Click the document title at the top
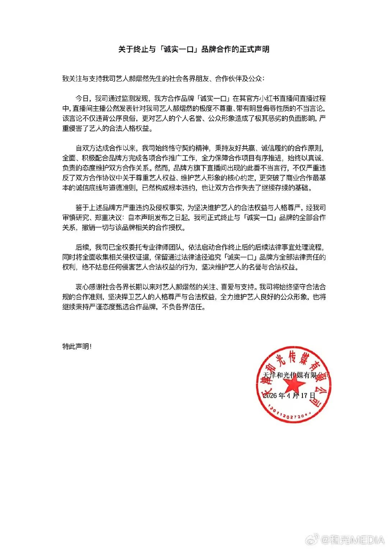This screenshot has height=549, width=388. (x=194, y=49)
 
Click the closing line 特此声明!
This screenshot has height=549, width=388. (x=77, y=346)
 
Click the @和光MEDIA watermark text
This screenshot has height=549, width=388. (x=352, y=540)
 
